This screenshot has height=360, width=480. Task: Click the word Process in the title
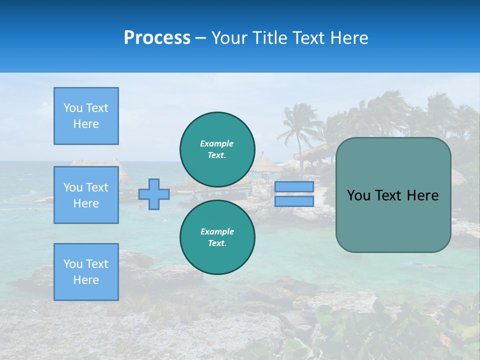point(157,38)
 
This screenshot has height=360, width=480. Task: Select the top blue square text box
point(86,116)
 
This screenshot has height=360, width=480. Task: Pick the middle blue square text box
point(86,195)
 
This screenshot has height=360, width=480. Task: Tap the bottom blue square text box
point(86,272)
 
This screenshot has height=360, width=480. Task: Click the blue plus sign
point(154,194)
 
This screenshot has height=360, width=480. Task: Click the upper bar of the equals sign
point(294,186)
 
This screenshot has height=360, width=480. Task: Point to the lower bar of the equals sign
point(294,201)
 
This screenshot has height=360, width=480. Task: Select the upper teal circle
point(217,149)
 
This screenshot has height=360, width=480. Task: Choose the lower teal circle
point(217,237)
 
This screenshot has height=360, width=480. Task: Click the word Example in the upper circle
point(217,143)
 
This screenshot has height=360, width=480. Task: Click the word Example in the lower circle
point(217,231)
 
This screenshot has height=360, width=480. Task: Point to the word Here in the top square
point(86,124)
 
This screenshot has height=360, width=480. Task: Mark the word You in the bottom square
point(73,264)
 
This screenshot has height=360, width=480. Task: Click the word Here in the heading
point(350,38)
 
